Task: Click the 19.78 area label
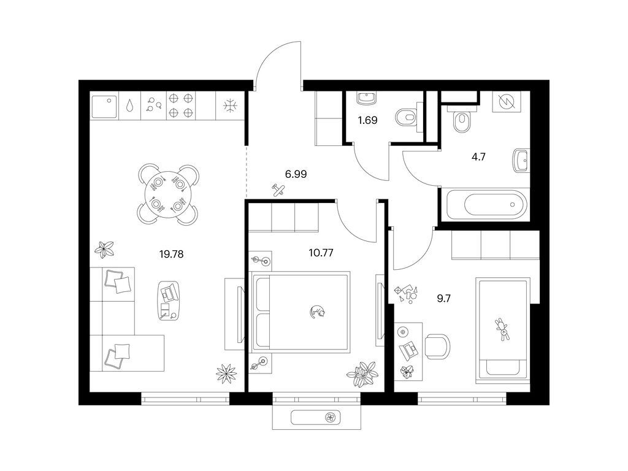[x=172, y=254]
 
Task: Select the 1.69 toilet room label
[x=368, y=120]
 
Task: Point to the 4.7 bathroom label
[x=478, y=156]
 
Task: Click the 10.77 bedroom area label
[x=321, y=253]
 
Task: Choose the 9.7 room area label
[x=444, y=299]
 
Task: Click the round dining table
[x=168, y=194]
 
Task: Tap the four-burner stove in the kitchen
[x=180, y=105]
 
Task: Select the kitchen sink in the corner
[x=104, y=106]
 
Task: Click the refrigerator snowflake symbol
[x=231, y=105]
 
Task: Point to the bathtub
[x=485, y=204]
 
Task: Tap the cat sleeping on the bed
[x=318, y=311]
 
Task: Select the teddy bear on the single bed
[x=502, y=329]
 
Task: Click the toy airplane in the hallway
[x=278, y=189]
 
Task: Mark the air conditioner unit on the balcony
[x=316, y=418]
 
